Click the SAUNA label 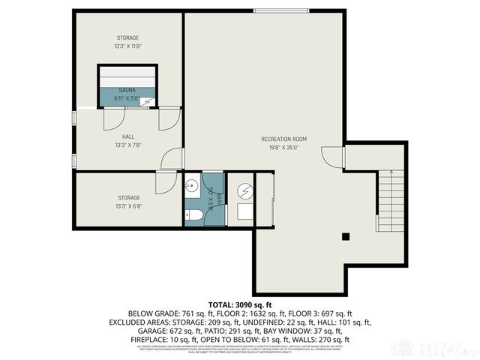point(126,90)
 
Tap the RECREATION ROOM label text point(283,139)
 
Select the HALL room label point(127,136)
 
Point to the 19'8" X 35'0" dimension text point(283,148)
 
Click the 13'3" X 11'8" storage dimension point(127,46)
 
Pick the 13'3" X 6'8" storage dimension point(127,205)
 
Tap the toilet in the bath point(193,215)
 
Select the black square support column point(346,237)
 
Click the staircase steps point(390,199)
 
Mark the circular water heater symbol point(244,190)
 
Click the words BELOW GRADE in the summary point(155,313)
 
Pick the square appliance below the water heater point(244,212)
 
